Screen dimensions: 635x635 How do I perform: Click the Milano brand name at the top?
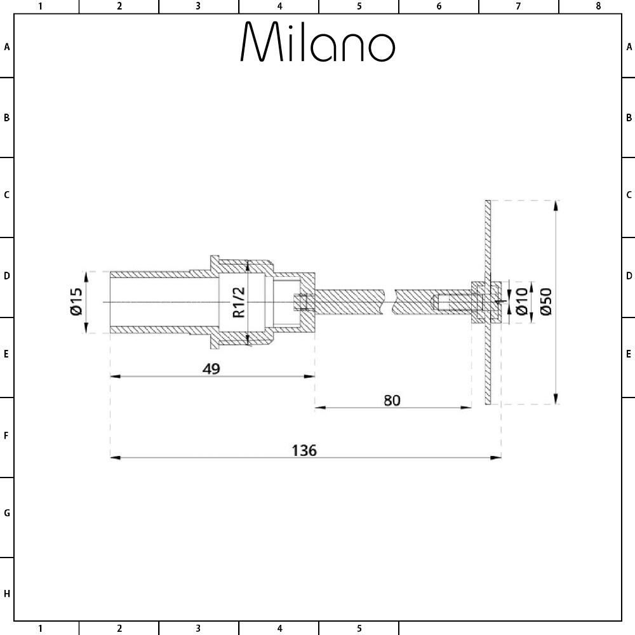[317, 43]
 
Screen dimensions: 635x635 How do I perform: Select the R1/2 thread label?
[238, 302]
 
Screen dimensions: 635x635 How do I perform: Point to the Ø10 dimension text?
[522, 302]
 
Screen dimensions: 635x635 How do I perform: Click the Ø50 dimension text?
[546, 302]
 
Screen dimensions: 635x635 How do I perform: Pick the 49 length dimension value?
[211, 368]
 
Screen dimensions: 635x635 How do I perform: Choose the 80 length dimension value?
[392, 400]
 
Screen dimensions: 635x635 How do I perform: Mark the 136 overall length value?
[304, 450]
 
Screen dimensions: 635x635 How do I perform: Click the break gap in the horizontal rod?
[389, 301]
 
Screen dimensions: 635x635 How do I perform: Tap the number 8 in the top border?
[598, 6]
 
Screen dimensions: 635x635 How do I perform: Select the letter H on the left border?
[6, 594]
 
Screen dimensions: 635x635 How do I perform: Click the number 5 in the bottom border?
[359, 629]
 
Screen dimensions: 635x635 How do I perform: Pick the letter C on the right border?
[629, 195]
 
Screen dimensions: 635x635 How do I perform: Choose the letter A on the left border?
[6, 47]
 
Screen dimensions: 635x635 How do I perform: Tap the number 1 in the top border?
[40, 6]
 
